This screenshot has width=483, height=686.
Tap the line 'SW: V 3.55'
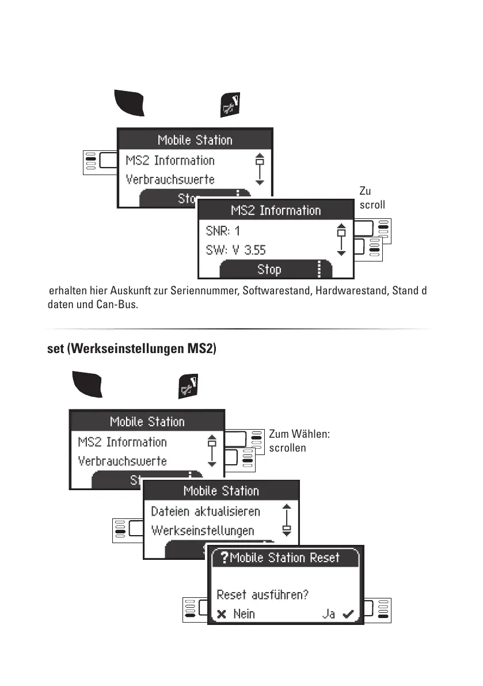(236, 251)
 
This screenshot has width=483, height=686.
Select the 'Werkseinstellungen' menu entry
(203, 530)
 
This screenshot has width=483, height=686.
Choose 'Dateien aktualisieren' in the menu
(206, 511)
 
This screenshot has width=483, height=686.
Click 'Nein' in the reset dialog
(244, 614)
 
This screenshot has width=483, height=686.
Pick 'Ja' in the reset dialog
(329, 614)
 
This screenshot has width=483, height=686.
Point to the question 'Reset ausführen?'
(263, 594)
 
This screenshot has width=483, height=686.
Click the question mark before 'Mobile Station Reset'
(225, 558)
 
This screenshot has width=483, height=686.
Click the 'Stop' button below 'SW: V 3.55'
(269, 270)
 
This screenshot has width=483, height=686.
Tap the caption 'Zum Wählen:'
(298, 433)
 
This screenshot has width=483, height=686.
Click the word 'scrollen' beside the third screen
(286, 448)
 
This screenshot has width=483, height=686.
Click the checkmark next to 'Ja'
(347, 614)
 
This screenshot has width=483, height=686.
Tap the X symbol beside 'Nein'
(222, 614)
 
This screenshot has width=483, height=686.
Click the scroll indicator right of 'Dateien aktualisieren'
(287, 518)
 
